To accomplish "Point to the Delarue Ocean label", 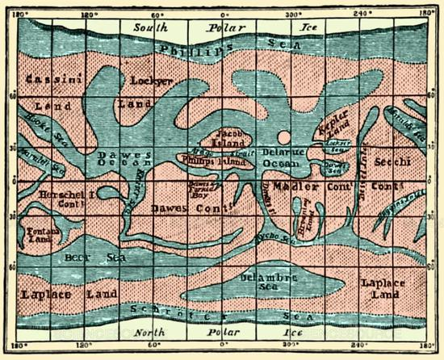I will (x=281, y=157).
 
